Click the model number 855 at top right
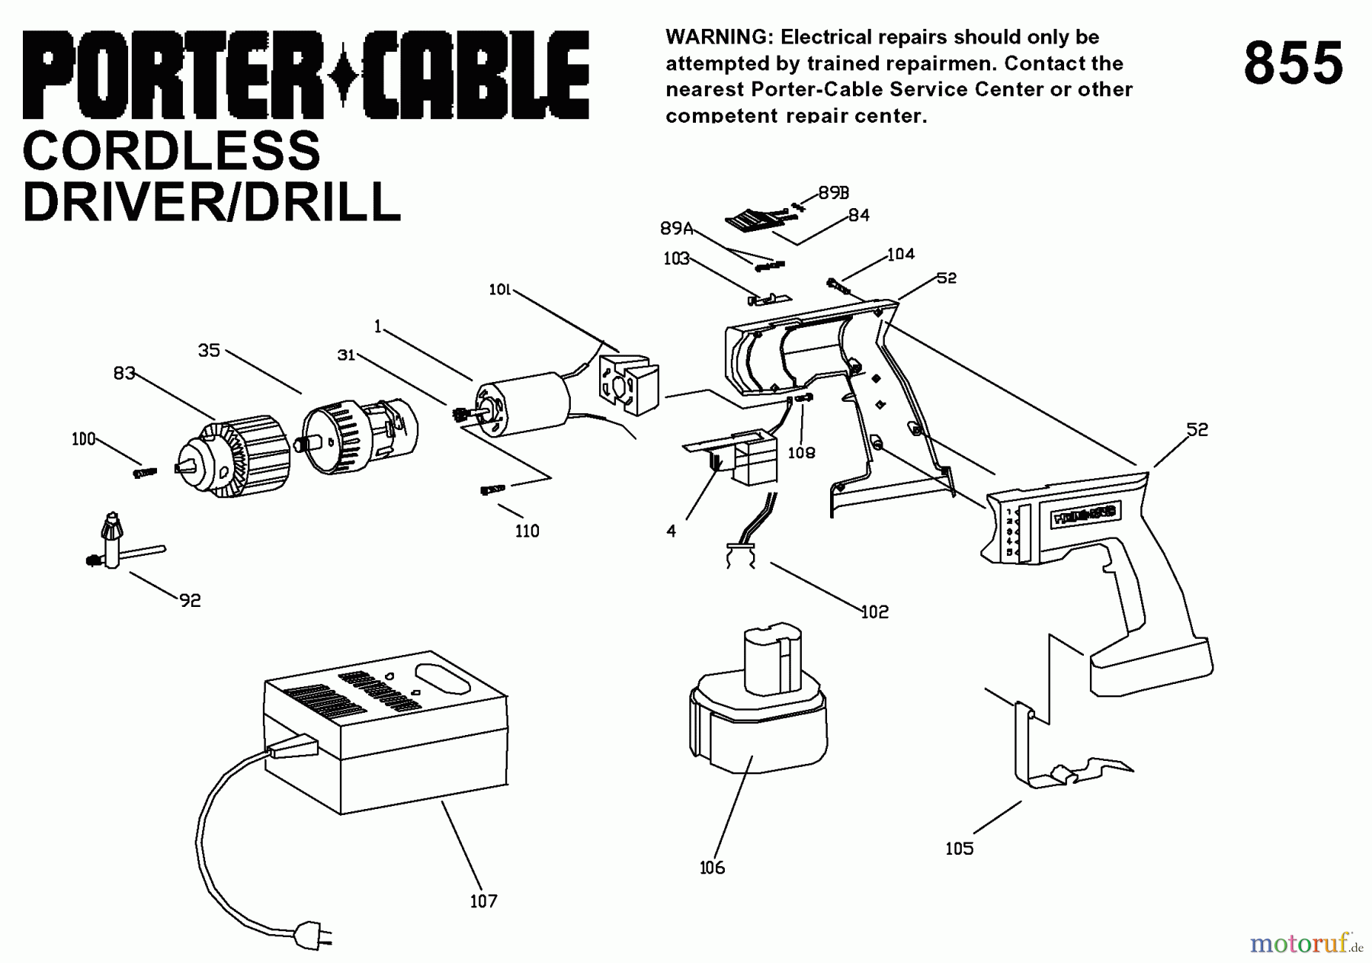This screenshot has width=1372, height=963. point(1293,64)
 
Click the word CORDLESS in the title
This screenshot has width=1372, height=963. point(171,151)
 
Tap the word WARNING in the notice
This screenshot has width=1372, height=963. point(716,37)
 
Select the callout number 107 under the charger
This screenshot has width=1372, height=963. point(483,901)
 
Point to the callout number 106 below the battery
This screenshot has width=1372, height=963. point(712,867)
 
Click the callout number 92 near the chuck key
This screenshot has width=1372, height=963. point(190,601)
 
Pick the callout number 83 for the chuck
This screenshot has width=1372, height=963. point(124,373)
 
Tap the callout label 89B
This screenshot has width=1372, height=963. point(834,193)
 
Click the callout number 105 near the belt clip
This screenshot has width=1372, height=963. point(959,849)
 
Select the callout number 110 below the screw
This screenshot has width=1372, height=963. point(527,531)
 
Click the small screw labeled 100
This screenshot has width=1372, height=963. point(144,473)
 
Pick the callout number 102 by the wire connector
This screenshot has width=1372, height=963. point(874,612)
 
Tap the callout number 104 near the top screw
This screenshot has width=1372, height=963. point(900,254)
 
